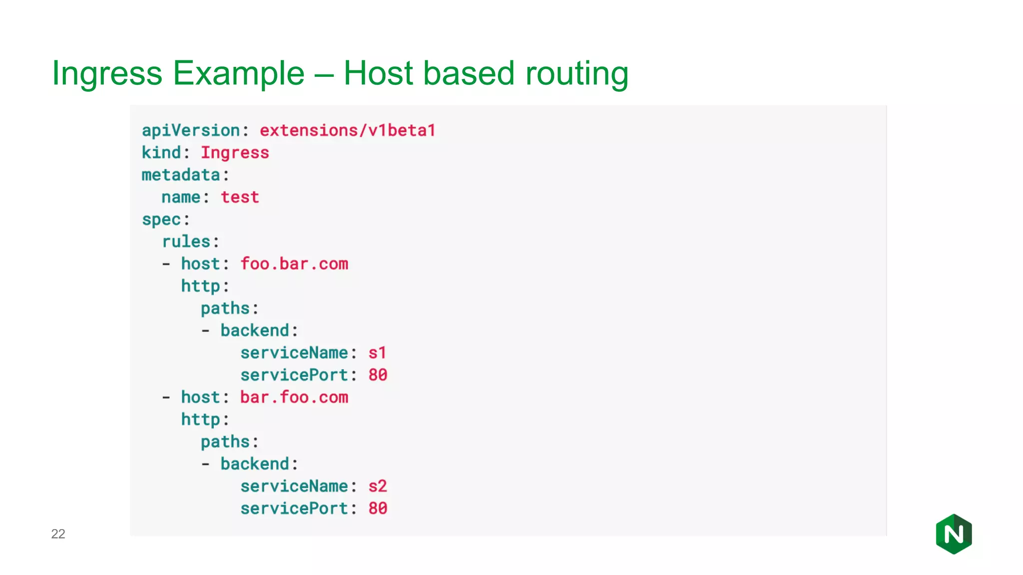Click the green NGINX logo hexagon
coord(954,534)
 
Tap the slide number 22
coord(58,534)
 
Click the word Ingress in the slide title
coord(107,73)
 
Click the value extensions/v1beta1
coord(347,130)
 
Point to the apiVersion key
coord(191,130)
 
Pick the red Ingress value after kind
coord(235,153)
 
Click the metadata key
coord(181,175)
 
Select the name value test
coord(240,197)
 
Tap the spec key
coord(161,220)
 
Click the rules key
coord(186,242)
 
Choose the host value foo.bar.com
coord(294,264)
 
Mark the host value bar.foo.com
coord(294,397)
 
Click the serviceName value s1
coord(377,353)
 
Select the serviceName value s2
coord(378,486)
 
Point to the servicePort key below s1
coord(294,375)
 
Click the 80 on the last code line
coord(378,508)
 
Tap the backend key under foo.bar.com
coord(255,330)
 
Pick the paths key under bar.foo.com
coord(225,442)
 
